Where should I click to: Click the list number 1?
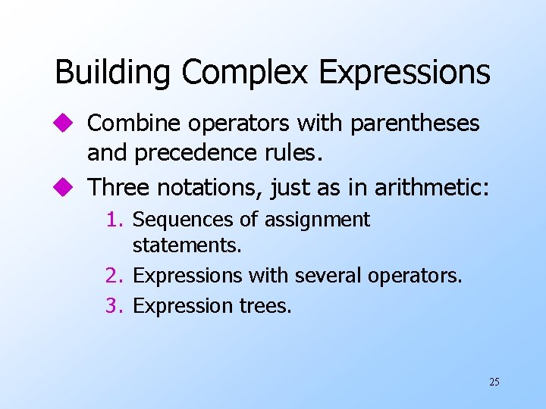[115, 220]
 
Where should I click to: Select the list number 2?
[115, 276]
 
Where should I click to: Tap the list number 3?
[115, 306]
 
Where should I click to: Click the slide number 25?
[494, 382]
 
